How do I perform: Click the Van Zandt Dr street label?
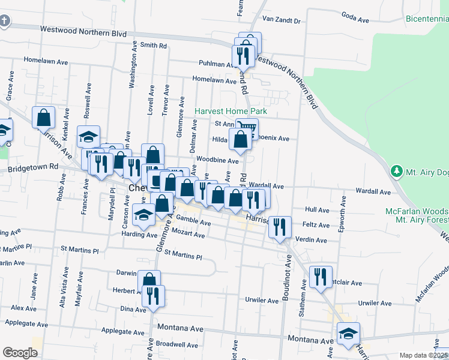pos(280,20)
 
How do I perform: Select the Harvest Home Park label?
pos(231,111)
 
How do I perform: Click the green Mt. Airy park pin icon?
pos(396,172)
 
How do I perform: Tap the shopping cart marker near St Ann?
pos(247,127)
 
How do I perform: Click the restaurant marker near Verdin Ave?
pos(280,227)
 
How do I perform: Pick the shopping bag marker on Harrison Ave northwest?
pos(44,117)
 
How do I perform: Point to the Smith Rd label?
pos(153,45)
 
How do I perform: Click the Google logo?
pos(20,353)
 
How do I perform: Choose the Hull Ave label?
pos(317,210)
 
